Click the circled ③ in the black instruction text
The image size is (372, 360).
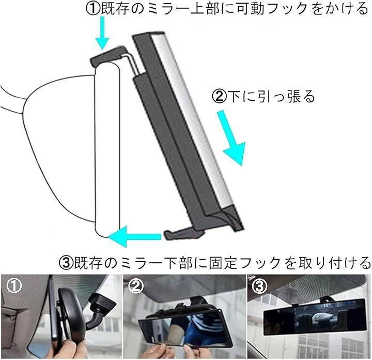tap(66, 263)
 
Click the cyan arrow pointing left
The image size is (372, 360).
tap(134, 236)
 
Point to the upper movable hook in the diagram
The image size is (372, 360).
tap(114, 59)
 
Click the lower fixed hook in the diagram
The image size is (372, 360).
tap(185, 233)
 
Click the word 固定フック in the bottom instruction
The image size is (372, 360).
tap(245, 263)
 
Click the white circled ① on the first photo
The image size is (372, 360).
tap(14, 286)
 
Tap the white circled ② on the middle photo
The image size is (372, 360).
tap(136, 286)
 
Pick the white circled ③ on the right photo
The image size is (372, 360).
tap(259, 286)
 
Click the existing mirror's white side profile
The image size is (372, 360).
tap(107, 149)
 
